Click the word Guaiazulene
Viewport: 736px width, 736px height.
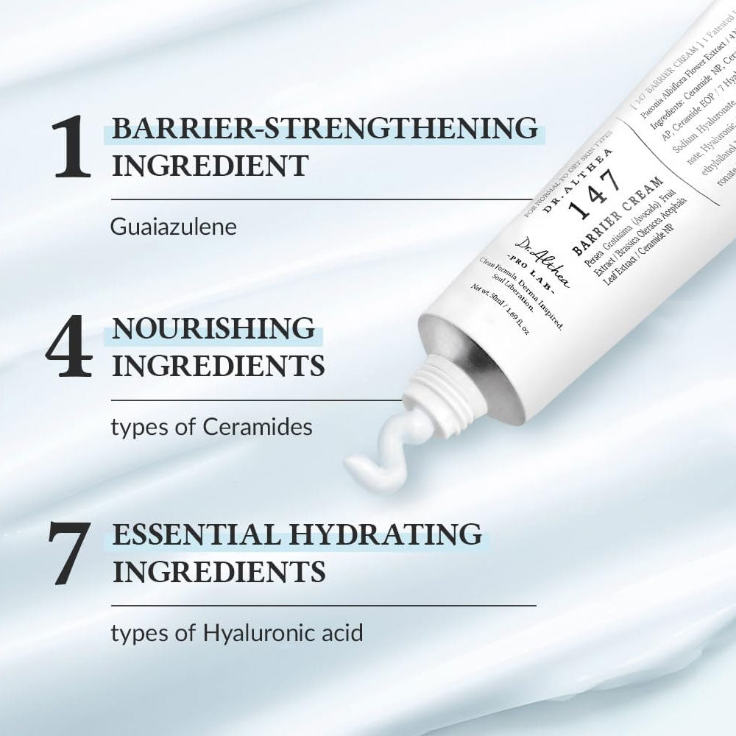pyautogui.click(x=174, y=226)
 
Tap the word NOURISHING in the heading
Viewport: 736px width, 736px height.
pyautogui.click(x=213, y=329)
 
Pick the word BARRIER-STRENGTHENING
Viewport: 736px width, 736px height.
pyautogui.click(x=324, y=127)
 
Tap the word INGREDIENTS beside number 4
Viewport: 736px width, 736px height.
pyautogui.click(x=217, y=365)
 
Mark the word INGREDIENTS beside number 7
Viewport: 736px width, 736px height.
pyautogui.click(x=217, y=570)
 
